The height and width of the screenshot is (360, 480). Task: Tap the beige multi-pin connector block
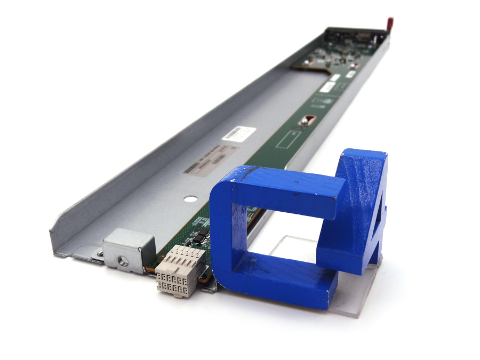pyautogui.click(x=179, y=270)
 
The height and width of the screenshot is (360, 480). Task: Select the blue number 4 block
pyautogui.click(x=363, y=208)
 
